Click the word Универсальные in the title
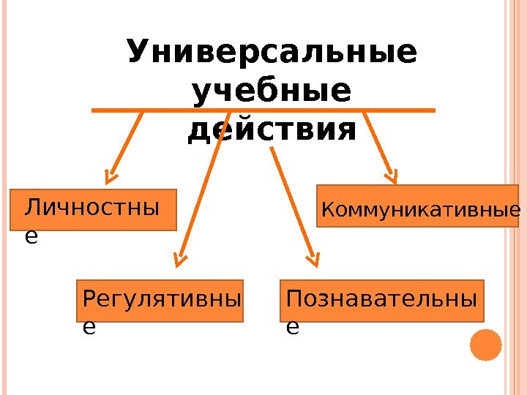click(272, 53)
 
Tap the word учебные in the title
click(270, 93)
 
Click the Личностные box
click(94, 210)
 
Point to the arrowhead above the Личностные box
click(111, 176)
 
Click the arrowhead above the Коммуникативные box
click(392, 176)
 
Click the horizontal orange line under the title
click(263, 110)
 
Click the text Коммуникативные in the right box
click(421, 211)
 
